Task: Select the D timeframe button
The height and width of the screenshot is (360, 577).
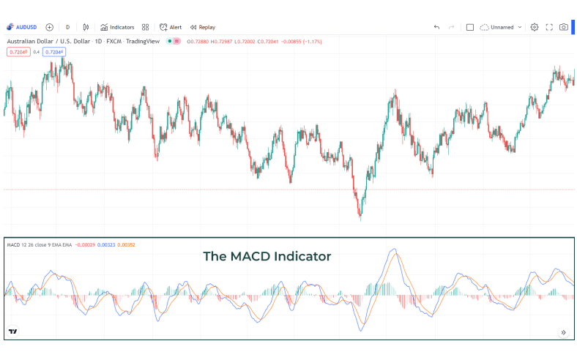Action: (x=68, y=27)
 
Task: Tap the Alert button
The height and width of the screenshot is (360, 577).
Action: (x=171, y=27)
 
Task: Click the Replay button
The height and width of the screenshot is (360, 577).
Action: (x=203, y=27)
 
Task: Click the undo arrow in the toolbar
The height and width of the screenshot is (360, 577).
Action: (x=436, y=27)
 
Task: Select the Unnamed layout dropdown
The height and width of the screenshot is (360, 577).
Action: (x=502, y=27)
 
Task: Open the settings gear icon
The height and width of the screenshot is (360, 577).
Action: (x=535, y=27)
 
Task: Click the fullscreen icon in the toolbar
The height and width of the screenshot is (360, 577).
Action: (x=549, y=27)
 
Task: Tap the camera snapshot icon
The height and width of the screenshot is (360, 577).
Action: (x=564, y=27)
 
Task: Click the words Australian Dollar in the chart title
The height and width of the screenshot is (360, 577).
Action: (x=29, y=41)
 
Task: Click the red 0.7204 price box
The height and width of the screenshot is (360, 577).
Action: (x=18, y=52)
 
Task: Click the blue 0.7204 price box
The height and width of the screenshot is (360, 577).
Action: (x=54, y=52)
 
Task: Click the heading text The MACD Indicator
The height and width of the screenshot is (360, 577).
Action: (x=267, y=257)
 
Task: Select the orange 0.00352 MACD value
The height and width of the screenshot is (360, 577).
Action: (x=127, y=244)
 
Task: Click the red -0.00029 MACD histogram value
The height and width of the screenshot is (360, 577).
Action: (x=84, y=244)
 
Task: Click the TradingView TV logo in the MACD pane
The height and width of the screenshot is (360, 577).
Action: (x=12, y=331)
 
